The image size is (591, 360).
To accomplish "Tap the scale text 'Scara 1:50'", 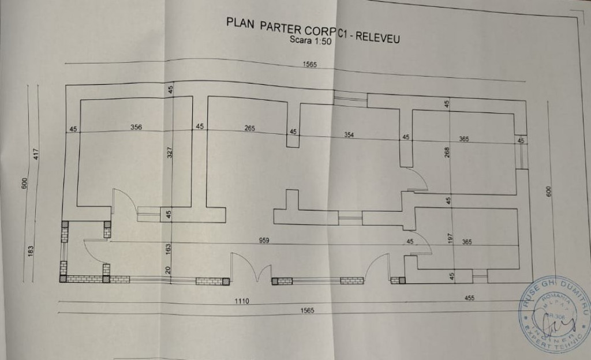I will [x=310, y=42].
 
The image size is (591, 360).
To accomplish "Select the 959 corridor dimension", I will [x=264, y=240].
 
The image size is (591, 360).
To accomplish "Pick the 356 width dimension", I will [x=136, y=127].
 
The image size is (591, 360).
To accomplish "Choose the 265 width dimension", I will [x=249, y=128].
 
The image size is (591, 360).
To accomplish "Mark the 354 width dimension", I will [x=349, y=134].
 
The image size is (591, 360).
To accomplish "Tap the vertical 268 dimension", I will [x=447, y=152].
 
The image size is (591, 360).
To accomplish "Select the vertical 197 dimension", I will [x=451, y=238].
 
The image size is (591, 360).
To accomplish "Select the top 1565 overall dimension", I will [x=310, y=65].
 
